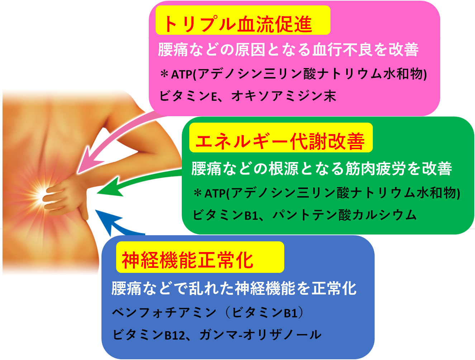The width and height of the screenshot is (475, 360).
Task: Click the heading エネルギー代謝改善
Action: pyautogui.click(x=280, y=142)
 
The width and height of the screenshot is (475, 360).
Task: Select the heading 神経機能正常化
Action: pyautogui.click(x=187, y=260)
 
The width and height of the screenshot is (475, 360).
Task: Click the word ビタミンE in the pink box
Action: pyautogui.click(x=188, y=96)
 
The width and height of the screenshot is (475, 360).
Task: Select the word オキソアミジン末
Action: pyautogui.click(x=284, y=96)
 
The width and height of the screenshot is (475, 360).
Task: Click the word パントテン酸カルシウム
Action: pyautogui.click(x=344, y=215)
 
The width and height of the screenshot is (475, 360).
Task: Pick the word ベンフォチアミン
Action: pyautogui.click(x=164, y=313)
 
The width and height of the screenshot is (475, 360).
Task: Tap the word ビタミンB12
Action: pyautogui.click(x=149, y=335)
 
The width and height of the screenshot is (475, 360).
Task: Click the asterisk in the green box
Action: pyautogui.click(x=198, y=193)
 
